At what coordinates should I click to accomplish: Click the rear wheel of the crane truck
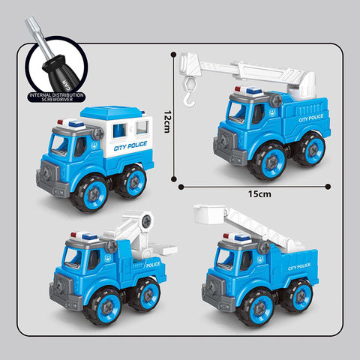[307, 149]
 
